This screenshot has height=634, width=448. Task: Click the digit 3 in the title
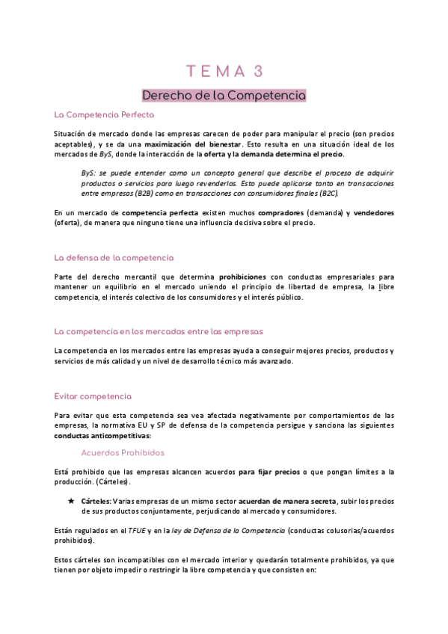[x=258, y=71]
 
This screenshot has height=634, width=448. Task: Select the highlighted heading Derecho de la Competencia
[x=224, y=96]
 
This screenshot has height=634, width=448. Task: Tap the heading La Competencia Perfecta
[x=104, y=115]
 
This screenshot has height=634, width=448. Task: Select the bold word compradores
[x=261, y=213]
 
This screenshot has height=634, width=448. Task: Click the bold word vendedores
[x=370, y=213]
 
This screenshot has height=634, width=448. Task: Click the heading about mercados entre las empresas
[x=159, y=330]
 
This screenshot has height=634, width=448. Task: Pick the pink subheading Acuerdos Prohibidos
[x=123, y=453]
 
